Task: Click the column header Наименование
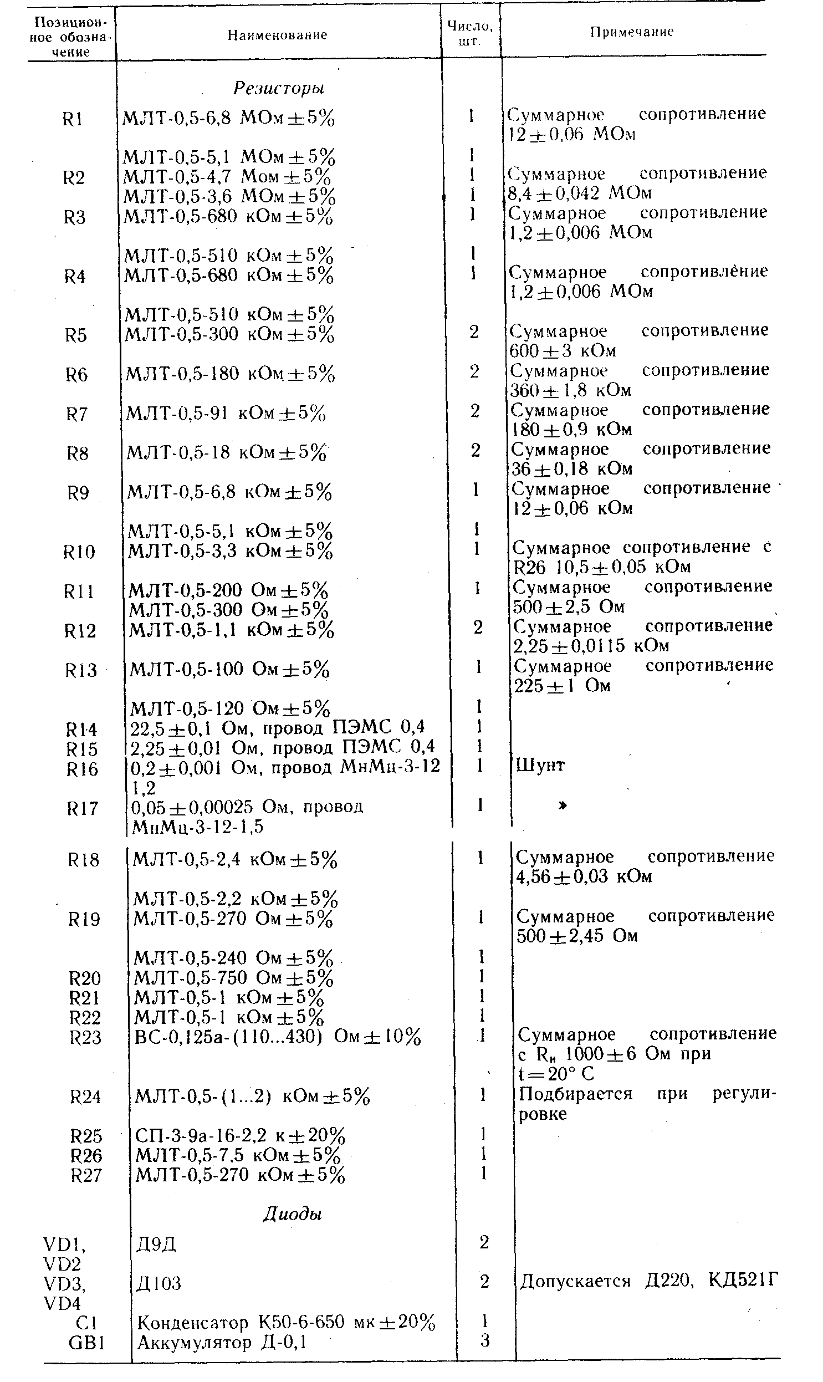[x=277, y=35]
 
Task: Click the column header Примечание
[x=632, y=32]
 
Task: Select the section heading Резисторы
[x=278, y=88]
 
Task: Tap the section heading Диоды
[x=292, y=1214]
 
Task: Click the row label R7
[x=77, y=414]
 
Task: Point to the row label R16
[x=82, y=769]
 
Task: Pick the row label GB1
[x=87, y=1342]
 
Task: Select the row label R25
[x=86, y=1136]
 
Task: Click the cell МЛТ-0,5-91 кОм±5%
[x=226, y=413]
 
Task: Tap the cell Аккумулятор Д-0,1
[x=222, y=1342]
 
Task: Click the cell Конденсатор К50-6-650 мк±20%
[x=286, y=1323]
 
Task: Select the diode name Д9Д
[x=156, y=1244]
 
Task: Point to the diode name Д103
[x=159, y=1283]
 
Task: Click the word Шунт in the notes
[x=540, y=766]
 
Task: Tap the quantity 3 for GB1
[x=485, y=1341]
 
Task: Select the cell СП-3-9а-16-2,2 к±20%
[x=240, y=1136]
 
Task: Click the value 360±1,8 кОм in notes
[x=570, y=390]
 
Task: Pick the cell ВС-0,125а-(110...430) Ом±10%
[x=278, y=1037]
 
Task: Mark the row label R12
[x=80, y=630]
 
